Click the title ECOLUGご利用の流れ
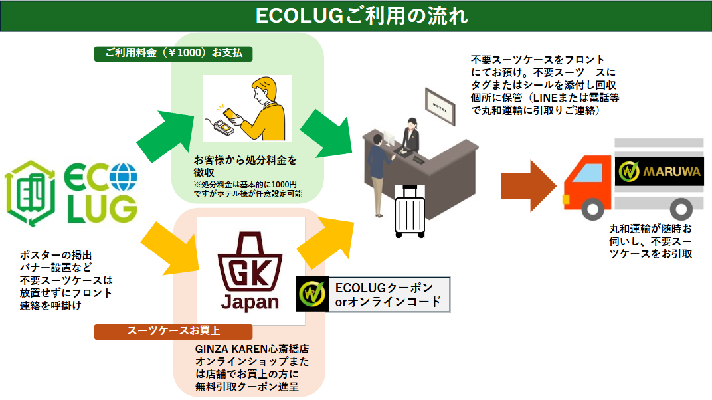click(361, 16)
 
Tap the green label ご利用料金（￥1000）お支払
click(173, 53)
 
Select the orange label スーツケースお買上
click(173, 331)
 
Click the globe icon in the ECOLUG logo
click(123, 177)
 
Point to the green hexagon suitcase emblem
click(31, 193)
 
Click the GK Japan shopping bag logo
click(250, 271)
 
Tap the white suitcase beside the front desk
click(410, 211)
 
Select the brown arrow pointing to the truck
click(529, 185)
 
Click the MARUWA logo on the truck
click(660, 171)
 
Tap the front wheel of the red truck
click(592, 209)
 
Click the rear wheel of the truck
click(681, 209)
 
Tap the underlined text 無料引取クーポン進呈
click(247, 387)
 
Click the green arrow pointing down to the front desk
click(327, 134)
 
